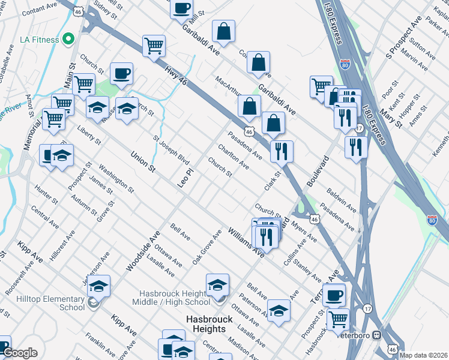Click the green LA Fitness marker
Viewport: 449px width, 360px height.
point(68,40)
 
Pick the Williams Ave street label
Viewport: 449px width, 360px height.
point(246,242)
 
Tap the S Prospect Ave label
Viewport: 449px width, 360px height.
point(405,43)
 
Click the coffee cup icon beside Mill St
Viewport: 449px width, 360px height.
point(181,9)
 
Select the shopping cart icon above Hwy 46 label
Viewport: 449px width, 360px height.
point(154,46)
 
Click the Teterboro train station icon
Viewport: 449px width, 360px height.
point(377,335)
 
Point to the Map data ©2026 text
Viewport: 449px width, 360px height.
point(424,355)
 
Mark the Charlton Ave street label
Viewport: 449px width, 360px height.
point(233,155)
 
